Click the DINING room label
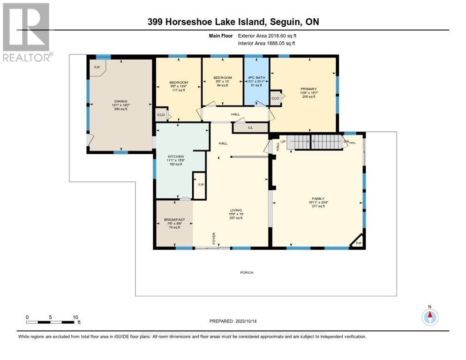120,100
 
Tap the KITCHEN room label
176,157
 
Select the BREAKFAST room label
172,220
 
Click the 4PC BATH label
256,77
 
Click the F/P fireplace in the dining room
98,67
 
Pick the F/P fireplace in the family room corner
359,243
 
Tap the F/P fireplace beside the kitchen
201,185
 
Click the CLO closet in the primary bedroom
275,98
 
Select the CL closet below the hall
251,127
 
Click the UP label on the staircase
283,141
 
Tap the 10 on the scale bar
75,317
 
